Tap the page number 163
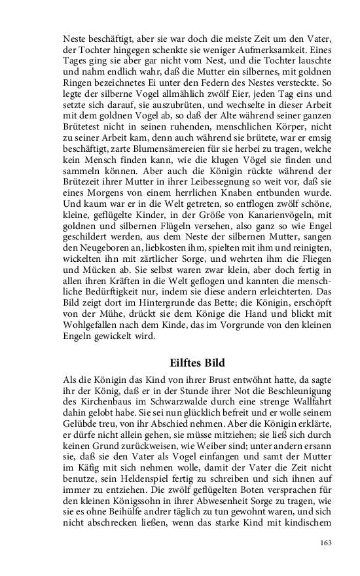(328, 542)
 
